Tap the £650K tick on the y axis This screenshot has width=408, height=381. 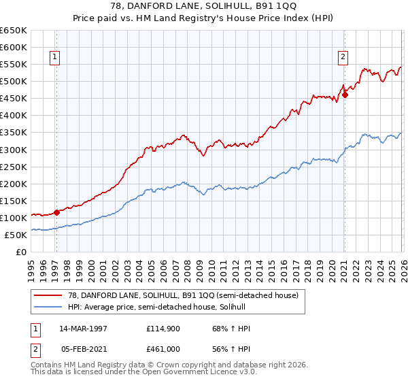pos(14,31)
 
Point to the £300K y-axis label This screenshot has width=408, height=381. pos(14,150)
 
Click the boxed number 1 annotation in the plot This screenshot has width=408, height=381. pos(54,58)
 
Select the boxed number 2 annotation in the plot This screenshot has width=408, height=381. pos(343,58)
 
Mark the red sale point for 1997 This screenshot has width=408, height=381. pos(57,212)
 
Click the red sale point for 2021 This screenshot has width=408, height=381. pos(345,95)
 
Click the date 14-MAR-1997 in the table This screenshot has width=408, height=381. pos(84,329)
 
